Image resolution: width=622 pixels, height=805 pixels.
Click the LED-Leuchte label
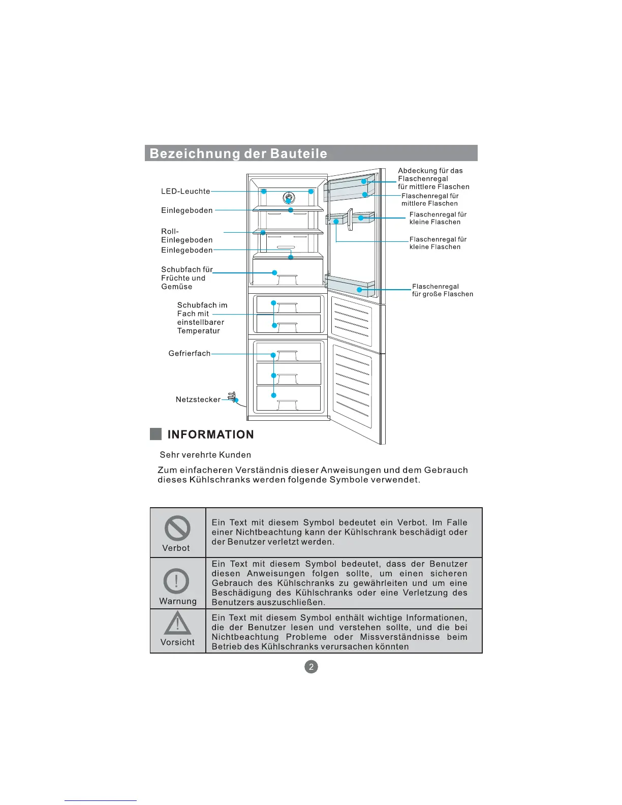(185, 192)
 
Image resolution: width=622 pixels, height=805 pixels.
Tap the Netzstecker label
(198, 400)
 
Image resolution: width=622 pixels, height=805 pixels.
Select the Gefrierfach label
(189, 354)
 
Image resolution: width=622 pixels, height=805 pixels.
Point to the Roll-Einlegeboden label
(186, 236)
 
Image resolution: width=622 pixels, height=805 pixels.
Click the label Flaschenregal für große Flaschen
(442, 290)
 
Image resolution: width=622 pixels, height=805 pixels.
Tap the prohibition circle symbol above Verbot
(177, 529)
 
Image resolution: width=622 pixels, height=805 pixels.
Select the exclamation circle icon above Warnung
(176, 581)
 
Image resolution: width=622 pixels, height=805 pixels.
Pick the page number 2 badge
(311, 667)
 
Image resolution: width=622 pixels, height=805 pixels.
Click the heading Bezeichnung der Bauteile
(238, 153)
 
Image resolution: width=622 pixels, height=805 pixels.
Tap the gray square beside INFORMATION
(156, 434)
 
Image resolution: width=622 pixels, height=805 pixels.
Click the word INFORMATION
(210, 435)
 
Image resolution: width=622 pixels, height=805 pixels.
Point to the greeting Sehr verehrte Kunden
(205, 455)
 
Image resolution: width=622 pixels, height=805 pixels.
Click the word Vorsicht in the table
(177, 642)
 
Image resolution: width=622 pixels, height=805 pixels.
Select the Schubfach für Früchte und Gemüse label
(186, 278)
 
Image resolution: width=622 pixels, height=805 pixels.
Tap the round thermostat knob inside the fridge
(288, 198)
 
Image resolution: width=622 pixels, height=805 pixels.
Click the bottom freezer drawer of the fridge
(289, 398)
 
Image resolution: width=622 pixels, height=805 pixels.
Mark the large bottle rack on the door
(351, 287)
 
